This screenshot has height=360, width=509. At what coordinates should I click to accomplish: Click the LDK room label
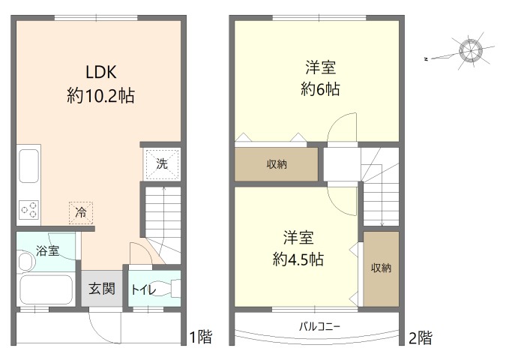[101, 72]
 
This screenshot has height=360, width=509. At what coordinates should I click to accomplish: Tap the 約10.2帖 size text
[101, 96]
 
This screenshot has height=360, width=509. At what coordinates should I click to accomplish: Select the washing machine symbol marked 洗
[162, 164]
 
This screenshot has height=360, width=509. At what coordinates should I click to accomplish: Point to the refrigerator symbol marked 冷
[81, 213]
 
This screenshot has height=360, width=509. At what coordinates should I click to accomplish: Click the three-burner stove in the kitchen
[28, 210]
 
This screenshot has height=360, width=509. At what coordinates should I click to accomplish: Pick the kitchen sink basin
[29, 166]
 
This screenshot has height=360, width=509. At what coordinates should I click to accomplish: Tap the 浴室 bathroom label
[48, 250]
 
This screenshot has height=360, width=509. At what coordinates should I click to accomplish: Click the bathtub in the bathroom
[46, 289]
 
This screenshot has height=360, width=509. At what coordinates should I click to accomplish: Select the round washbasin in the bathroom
[27, 262]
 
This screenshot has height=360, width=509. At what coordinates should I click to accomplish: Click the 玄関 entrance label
[102, 289]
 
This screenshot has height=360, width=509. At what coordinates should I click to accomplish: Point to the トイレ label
[144, 289]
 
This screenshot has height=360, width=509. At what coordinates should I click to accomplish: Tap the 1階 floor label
[201, 337]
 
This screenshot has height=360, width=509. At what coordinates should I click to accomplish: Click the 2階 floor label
[421, 338]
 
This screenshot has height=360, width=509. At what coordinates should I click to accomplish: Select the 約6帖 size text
[320, 89]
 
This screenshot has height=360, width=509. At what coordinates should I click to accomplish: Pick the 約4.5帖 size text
[298, 259]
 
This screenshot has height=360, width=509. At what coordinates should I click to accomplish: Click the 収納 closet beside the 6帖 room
[277, 164]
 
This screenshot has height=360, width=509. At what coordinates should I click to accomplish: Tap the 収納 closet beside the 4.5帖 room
[381, 268]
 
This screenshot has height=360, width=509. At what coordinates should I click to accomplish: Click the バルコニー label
[320, 326]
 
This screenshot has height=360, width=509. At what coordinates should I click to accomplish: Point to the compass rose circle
[471, 50]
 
